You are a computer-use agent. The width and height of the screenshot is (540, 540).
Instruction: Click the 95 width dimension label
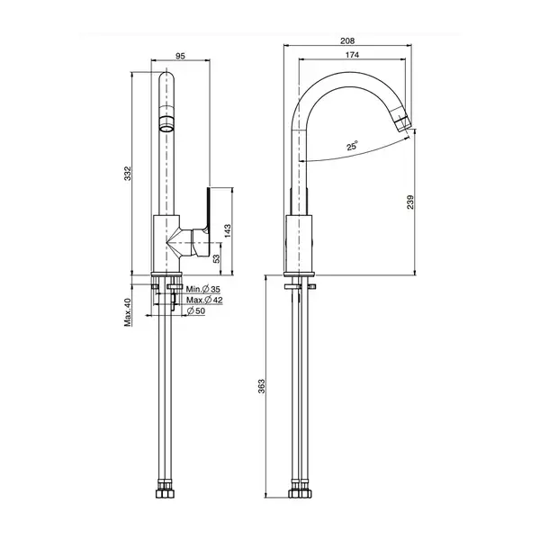pyautogui.click(x=181, y=56)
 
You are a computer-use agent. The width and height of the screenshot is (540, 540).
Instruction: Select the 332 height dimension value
pyautogui.click(x=128, y=173)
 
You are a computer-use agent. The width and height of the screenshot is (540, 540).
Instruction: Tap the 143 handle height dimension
pyautogui.click(x=228, y=231)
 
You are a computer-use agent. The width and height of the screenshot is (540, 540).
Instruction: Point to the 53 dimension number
pyautogui.click(x=216, y=258)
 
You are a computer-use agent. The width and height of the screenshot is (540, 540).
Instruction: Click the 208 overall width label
pyautogui.click(x=347, y=41)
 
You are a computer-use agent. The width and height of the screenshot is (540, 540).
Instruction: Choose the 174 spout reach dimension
pyautogui.click(x=352, y=55)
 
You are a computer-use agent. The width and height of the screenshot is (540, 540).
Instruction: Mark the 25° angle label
pyautogui.click(x=352, y=146)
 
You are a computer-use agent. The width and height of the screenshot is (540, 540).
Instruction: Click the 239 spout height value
pyautogui.click(x=409, y=202)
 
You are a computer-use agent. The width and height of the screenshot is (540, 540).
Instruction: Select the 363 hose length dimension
pyautogui.click(x=262, y=386)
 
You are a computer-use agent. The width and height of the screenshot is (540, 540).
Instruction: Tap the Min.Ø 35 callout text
pyautogui.click(x=203, y=289)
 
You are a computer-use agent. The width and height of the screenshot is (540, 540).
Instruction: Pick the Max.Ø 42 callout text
pyautogui.click(x=204, y=300)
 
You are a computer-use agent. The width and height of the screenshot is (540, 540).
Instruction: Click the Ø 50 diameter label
pyautogui.click(x=196, y=311)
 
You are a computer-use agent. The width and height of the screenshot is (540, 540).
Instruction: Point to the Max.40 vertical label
pyautogui.click(x=128, y=312)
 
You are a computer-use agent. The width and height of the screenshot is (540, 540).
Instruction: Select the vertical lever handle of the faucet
pyautogui.click(x=208, y=210)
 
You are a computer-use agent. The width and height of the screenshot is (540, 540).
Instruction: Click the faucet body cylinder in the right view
pyautogui.click(x=299, y=244)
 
